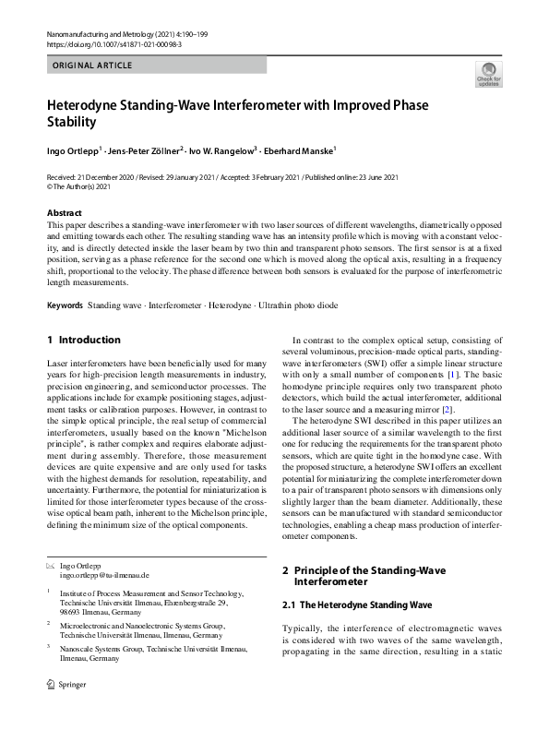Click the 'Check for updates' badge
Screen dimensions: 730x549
pyautogui.click(x=486, y=74)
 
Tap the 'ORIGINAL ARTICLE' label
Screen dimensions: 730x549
pyautogui.click(x=92, y=66)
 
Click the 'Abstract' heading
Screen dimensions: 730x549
pyautogui.click(x=65, y=213)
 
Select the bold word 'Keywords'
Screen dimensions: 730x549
pyautogui.click(x=65, y=305)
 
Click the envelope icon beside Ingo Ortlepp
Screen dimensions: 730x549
pyautogui.click(x=51, y=564)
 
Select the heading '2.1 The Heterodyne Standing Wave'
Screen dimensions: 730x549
pyautogui.click(x=356, y=605)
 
